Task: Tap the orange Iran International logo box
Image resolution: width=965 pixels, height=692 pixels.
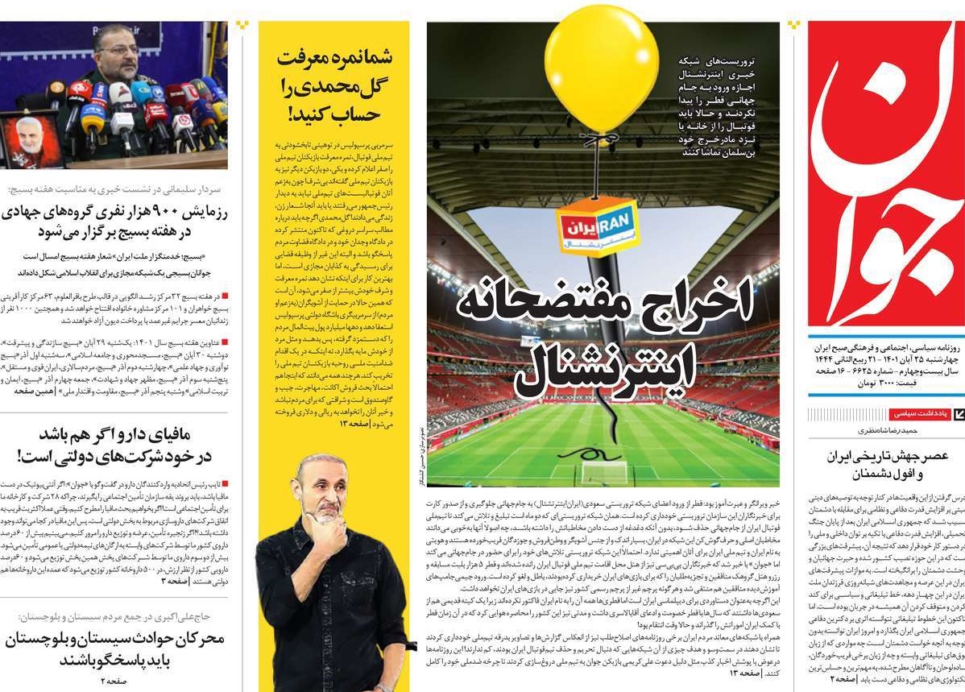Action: (x=598, y=227)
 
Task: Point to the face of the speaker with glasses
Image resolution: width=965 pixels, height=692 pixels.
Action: (x=118, y=55)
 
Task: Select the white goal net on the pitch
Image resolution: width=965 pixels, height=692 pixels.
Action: (x=604, y=472)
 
